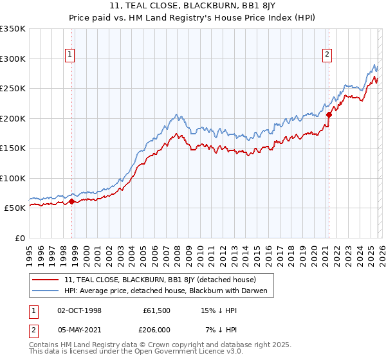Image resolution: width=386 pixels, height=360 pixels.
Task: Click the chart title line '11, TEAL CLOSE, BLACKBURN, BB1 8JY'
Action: pyautogui.click(x=193, y=6)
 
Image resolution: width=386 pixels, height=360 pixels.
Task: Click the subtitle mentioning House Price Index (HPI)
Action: pyautogui.click(x=193, y=17)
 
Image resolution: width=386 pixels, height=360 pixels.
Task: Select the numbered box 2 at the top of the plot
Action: pyautogui.click(x=327, y=55)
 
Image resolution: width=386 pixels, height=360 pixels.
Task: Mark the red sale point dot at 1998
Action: pyautogui.click(x=71, y=201)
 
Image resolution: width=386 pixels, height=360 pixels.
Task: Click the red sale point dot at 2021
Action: pyautogui.click(x=328, y=115)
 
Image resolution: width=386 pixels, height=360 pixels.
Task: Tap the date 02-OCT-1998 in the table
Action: pyautogui.click(x=78, y=310)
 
